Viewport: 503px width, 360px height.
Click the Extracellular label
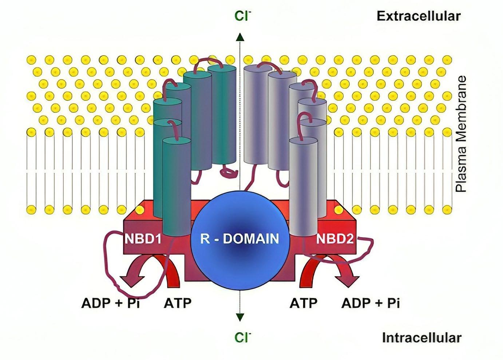pos(418,16)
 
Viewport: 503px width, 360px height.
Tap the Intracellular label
pos(421,338)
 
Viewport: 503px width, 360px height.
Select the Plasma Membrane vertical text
pos(461,134)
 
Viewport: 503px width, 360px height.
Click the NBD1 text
pos(143,239)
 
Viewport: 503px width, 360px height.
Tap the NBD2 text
pos(334,239)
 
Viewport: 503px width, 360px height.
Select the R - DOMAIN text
pos(239,239)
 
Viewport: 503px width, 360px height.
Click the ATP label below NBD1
pos(178,303)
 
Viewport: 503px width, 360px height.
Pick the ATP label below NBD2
pos(303,303)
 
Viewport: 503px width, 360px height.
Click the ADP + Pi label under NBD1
pos(111,303)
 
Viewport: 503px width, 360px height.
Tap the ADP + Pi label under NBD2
pos(371,303)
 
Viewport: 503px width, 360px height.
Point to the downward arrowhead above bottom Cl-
pos(239,317)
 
